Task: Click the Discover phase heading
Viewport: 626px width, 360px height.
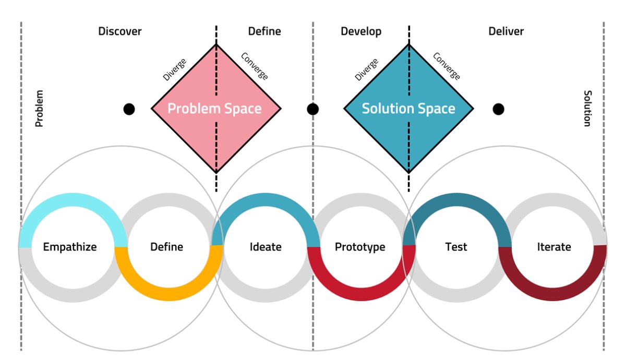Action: coord(119,31)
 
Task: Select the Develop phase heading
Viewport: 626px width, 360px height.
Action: coord(361,31)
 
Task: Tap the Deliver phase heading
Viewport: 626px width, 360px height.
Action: coord(506,31)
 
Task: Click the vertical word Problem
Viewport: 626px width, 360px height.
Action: coord(39,109)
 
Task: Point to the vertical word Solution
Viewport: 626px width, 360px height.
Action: coord(587,109)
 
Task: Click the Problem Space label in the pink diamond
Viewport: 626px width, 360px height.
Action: coord(214,109)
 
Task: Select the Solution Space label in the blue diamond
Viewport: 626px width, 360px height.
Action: coord(408,109)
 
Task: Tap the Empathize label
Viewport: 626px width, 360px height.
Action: coord(70,247)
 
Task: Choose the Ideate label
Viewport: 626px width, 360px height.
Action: coord(266,247)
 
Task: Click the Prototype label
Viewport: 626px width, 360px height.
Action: coord(360,247)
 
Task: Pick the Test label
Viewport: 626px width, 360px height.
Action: coord(456,247)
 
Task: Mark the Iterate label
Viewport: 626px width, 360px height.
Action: coord(554,247)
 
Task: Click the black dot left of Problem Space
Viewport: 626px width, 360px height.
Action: coord(129,109)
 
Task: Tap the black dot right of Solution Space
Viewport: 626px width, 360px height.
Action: coord(499,109)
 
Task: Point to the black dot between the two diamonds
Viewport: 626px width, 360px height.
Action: coord(312,109)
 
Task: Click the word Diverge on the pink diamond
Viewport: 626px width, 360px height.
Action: coord(174,70)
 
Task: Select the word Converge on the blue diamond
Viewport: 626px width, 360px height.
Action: coord(447,66)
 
